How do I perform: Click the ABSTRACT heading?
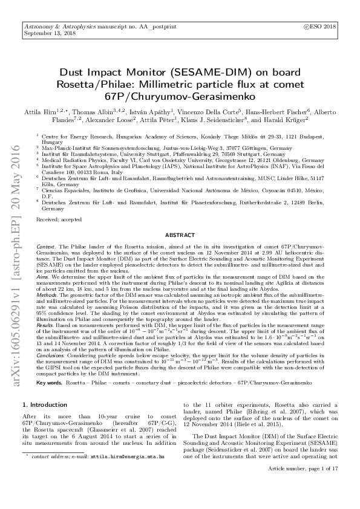coord(180,235)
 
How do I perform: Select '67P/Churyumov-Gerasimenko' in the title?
coord(180,96)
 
